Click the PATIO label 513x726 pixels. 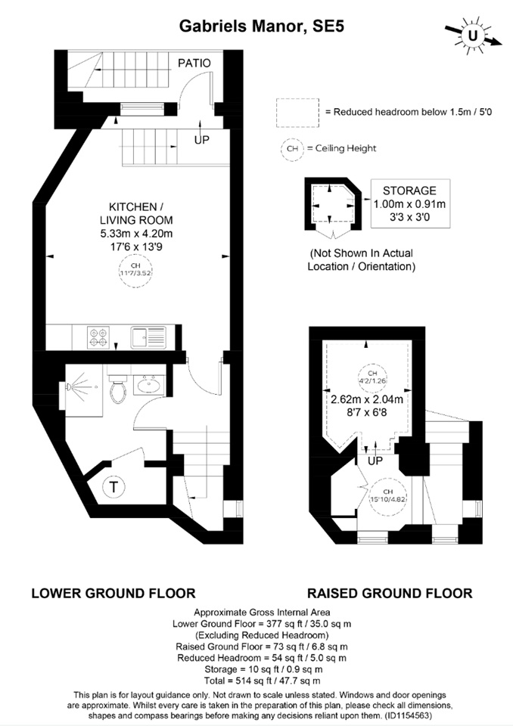[194, 63]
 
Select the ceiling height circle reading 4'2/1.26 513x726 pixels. [367, 377]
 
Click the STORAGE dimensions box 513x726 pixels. [409, 203]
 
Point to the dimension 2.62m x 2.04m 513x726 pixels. [366, 399]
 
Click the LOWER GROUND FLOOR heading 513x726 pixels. [113, 593]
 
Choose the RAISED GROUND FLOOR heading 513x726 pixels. [389, 593]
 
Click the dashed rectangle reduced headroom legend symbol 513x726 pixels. [298, 111]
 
